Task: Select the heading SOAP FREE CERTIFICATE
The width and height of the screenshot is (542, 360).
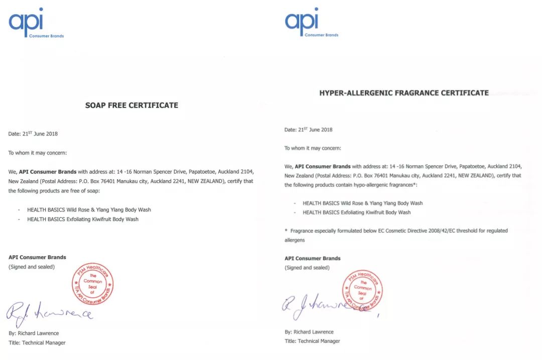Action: coord(131,105)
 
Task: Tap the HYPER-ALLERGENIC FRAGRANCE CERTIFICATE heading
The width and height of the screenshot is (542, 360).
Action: coord(404,93)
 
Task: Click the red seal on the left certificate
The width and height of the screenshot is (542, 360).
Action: coord(93,284)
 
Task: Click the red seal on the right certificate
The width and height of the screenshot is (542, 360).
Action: coord(363,290)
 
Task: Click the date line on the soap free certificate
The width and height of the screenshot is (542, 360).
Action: coord(33,134)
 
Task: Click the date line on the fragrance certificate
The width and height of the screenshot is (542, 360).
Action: coord(309,130)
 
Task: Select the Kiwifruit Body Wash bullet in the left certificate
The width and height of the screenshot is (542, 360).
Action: coord(83,219)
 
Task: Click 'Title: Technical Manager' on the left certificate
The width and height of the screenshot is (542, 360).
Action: coord(37,343)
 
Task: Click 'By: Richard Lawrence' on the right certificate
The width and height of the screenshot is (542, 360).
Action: coord(309,332)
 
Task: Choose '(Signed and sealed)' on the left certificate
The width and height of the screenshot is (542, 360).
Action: coord(32,267)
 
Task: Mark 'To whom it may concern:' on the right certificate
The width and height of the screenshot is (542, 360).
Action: coord(313,148)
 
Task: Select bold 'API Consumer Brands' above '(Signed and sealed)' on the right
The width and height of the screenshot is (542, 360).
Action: coord(312,259)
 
